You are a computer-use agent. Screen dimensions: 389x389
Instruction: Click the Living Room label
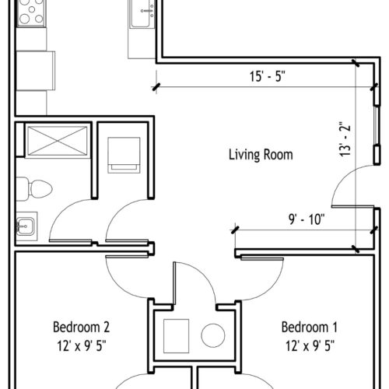coord(261,155)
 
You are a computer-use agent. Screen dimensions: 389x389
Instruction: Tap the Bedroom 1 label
coord(310,327)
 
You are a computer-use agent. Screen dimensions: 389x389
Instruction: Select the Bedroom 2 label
coord(82,327)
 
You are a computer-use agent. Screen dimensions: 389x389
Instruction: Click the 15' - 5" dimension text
coord(268,76)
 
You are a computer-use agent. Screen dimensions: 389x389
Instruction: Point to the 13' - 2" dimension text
coord(345,139)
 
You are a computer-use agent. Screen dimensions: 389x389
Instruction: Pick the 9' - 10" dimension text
coord(307,219)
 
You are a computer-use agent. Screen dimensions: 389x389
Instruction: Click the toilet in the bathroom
coord(34,189)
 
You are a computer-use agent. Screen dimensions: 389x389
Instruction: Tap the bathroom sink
coord(26,226)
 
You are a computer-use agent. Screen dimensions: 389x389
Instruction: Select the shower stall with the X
coord(57,141)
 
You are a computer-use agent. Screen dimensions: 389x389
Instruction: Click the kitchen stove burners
coord(31,12)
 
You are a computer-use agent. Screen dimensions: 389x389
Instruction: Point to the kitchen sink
coord(142,13)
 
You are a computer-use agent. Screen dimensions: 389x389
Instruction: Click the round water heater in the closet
coord(213,335)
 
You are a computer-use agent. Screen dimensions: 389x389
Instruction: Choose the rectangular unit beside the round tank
coord(177,336)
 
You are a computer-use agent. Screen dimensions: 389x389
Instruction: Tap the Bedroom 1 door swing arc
coord(272,289)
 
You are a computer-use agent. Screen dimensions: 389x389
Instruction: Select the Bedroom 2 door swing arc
coord(116,286)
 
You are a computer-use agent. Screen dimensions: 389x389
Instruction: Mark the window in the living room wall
coord(376,125)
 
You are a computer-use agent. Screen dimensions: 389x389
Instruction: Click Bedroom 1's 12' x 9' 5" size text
coord(310,345)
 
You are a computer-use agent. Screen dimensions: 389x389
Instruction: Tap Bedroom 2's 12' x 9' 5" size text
coord(82,345)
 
